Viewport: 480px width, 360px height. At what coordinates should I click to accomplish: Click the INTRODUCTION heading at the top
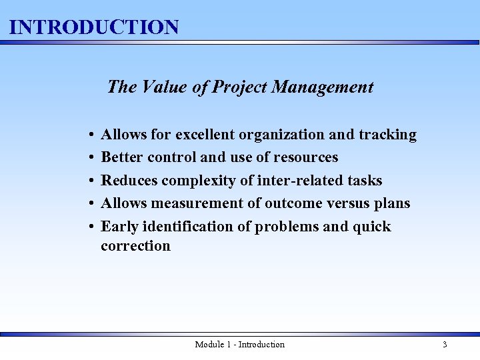point(95,27)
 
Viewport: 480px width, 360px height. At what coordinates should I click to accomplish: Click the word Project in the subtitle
point(240,87)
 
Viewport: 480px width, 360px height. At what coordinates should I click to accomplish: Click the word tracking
point(387,135)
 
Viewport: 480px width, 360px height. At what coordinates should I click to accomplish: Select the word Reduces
point(129,181)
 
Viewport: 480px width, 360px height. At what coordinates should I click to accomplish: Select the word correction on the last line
point(135,246)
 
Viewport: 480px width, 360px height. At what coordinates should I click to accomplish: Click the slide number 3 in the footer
point(445,345)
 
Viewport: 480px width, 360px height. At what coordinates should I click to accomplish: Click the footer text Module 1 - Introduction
point(239,345)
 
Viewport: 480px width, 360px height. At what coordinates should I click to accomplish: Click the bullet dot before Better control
point(89,158)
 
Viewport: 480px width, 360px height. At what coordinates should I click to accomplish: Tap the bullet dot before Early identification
point(89,227)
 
